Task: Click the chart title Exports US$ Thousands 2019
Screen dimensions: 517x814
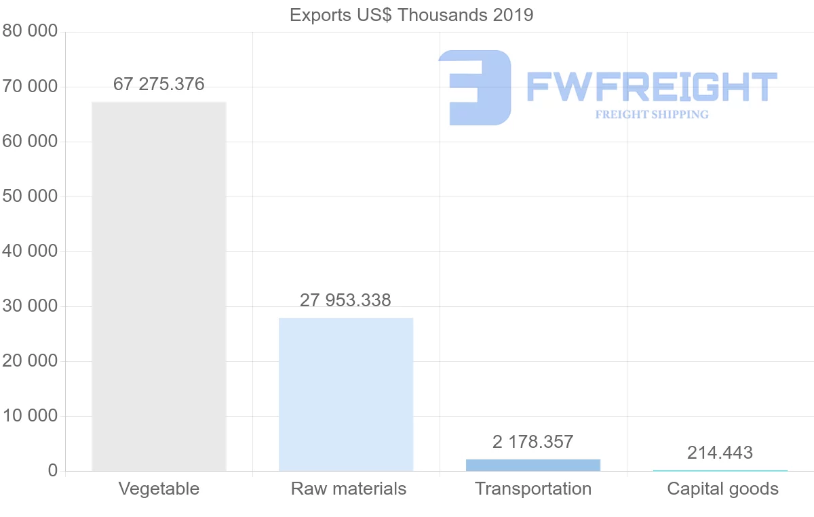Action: (411, 15)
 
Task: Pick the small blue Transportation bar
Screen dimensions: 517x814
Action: (533, 465)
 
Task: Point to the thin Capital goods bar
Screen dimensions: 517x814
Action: (720, 470)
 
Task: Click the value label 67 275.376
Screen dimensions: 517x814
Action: (159, 85)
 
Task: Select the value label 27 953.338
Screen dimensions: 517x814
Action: (346, 300)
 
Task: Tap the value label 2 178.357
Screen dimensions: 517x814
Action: (533, 442)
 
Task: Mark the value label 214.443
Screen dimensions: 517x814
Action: (720, 453)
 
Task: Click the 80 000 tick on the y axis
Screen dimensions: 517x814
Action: (29, 32)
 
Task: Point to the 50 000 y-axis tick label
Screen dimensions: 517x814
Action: (29, 197)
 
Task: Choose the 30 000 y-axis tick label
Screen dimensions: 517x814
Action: (29, 306)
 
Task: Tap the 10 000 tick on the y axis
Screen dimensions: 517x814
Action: (29, 416)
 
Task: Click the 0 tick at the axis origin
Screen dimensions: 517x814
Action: (53, 471)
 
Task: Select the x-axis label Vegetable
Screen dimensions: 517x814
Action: (159, 489)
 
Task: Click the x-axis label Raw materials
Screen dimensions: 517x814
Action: (349, 489)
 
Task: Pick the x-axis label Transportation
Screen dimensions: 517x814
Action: (533, 489)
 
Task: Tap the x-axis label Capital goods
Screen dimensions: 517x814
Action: (722, 489)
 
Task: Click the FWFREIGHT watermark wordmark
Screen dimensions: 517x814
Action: (651, 87)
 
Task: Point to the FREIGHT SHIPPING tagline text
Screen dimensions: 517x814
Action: (652, 115)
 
